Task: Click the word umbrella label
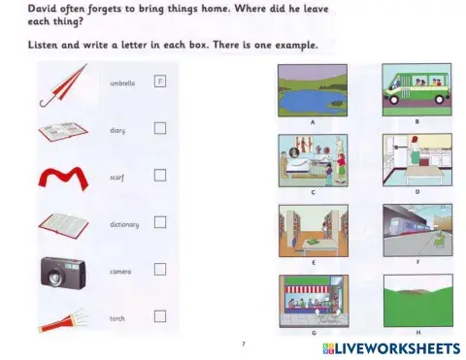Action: [x=122, y=83]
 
